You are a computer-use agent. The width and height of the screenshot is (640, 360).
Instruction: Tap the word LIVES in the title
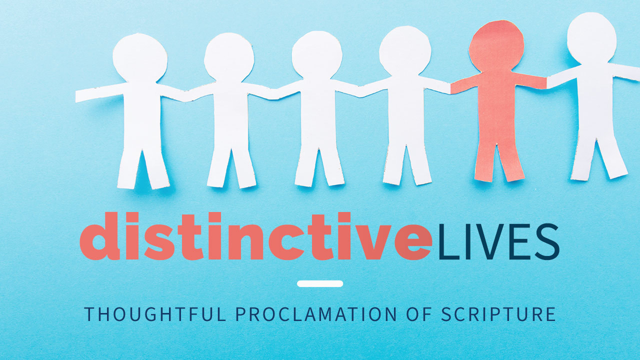point(498,242)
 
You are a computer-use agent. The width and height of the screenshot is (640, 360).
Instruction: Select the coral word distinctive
point(255,236)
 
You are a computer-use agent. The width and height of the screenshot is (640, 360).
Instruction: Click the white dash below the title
point(320,283)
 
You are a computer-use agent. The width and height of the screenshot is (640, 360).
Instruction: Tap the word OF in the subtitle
point(416,314)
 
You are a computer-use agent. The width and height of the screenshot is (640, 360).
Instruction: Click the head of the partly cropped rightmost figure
point(591,38)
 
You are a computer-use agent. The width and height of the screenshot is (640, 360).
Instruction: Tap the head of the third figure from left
point(317,54)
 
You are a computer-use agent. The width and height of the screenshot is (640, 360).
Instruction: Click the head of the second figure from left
point(229,57)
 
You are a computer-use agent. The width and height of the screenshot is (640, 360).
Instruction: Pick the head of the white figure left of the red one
point(404,50)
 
